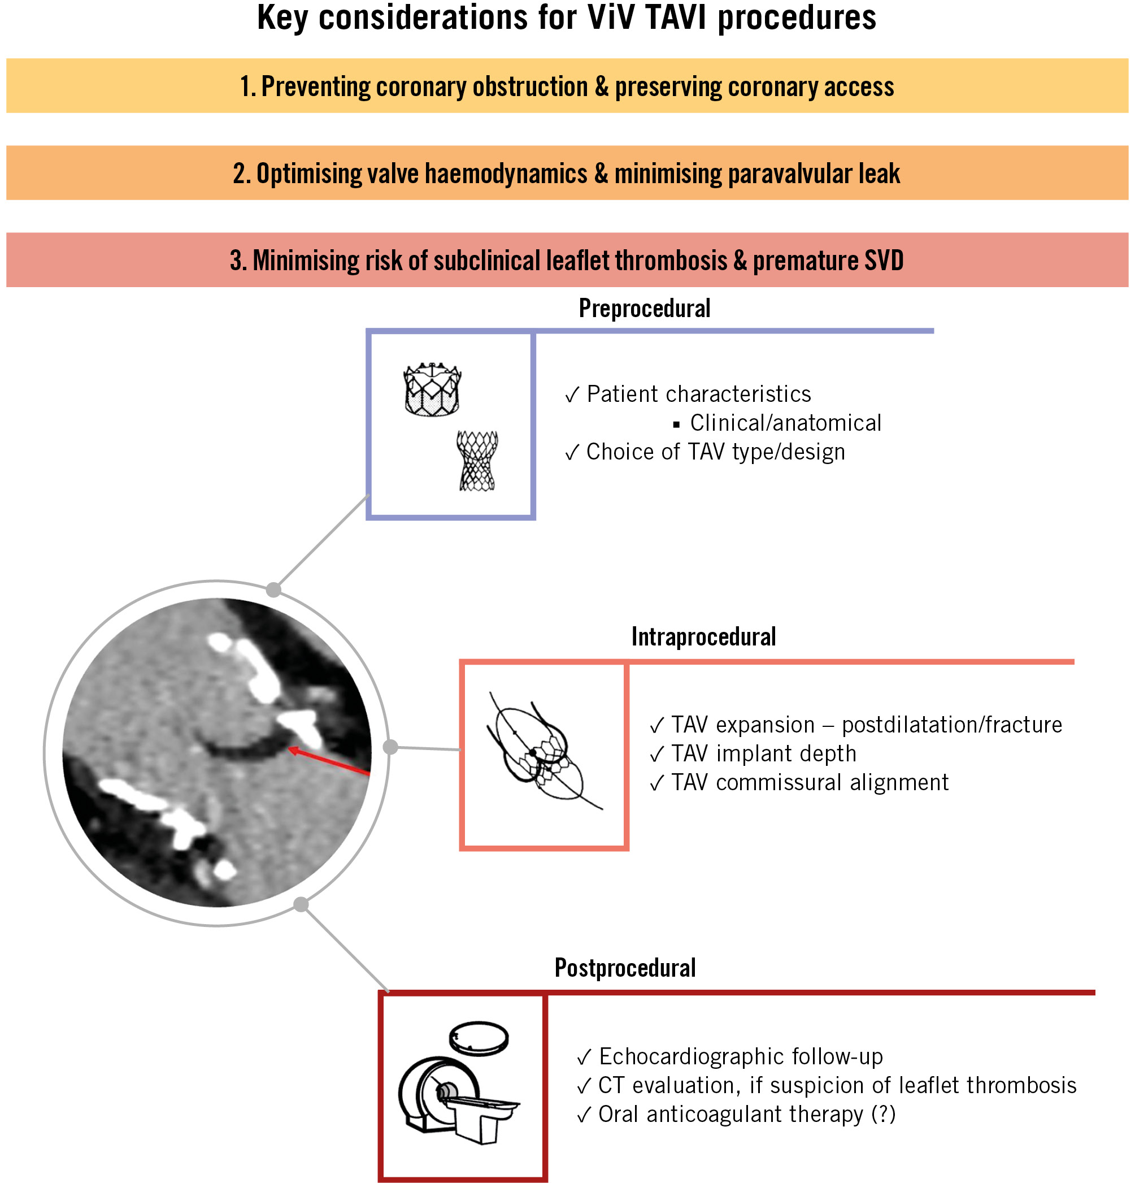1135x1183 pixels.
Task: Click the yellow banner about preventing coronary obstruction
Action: (x=567, y=86)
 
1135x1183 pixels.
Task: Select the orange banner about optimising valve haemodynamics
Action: (x=567, y=173)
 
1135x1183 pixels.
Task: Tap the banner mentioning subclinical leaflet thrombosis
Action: (x=567, y=260)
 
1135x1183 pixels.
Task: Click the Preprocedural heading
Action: (x=645, y=309)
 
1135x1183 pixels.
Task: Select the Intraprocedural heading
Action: (x=703, y=637)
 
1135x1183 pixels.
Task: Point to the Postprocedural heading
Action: (x=625, y=968)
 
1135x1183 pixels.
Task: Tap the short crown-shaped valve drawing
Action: (x=432, y=389)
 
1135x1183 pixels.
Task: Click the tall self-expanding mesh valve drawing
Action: (x=477, y=461)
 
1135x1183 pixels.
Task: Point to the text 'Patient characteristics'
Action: (x=699, y=394)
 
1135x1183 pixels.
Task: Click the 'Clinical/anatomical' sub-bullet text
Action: (x=786, y=423)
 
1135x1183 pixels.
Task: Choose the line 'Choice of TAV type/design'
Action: (x=716, y=452)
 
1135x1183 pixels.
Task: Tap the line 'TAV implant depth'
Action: (x=764, y=754)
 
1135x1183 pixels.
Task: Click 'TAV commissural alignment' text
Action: (x=810, y=783)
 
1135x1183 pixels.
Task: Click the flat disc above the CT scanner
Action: (x=479, y=1039)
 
